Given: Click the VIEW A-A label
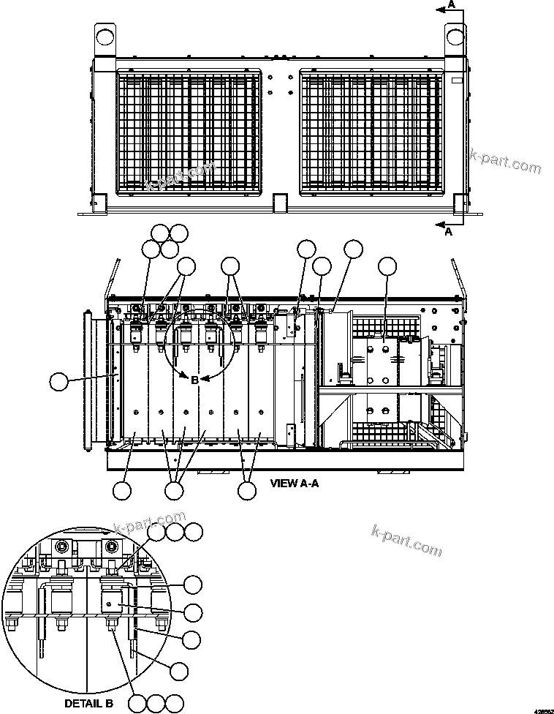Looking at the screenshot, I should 295,483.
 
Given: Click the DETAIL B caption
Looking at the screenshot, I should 88,704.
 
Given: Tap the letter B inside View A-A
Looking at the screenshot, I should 194,380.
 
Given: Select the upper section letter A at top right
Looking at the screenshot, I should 452,5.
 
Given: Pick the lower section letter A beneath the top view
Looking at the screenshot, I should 449,232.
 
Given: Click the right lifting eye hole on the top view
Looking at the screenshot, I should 454,34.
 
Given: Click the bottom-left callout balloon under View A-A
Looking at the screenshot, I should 122,491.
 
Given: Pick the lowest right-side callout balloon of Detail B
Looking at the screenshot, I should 179,669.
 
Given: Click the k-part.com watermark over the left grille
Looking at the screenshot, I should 180,176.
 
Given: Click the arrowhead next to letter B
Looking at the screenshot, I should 207,379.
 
